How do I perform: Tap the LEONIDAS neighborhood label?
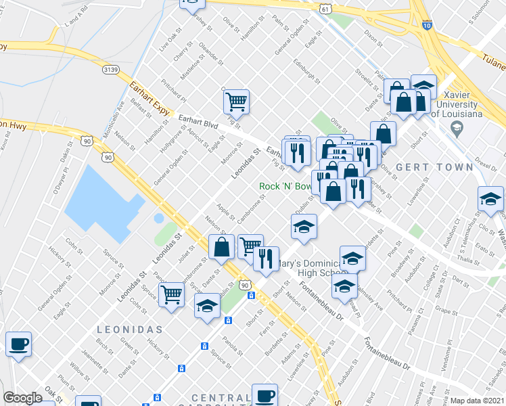(129, 329)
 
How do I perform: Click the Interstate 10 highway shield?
(426, 25)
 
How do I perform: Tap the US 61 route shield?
(326, 9)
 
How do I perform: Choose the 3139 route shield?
(112, 69)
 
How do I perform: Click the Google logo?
(22, 397)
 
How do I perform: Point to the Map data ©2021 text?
(478, 401)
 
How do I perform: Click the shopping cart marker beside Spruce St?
(172, 294)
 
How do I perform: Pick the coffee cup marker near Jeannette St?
(18, 344)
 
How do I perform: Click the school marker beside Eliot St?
(490, 199)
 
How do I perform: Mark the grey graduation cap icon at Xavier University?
(457, 127)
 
